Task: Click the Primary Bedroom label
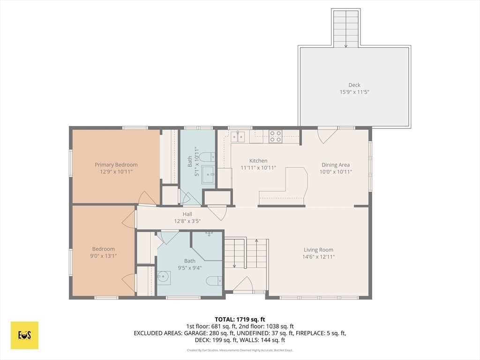tap(116, 165)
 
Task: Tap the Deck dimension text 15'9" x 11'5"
tap(354, 92)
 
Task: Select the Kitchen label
tap(258, 161)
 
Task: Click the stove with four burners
tap(275, 136)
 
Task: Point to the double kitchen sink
tap(238, 136)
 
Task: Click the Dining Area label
tap(336, 165)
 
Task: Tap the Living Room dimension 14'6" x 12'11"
tap(318, 257)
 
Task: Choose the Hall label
tap(187, 214)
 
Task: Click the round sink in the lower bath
tap(164, 277)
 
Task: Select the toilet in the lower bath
tap(214, 280)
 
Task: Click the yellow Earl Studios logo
tap(24, 335)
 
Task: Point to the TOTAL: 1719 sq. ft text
tap(240, 320)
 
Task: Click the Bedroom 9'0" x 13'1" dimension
tap(104, 256)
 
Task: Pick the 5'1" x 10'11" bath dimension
tap(193, 161)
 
